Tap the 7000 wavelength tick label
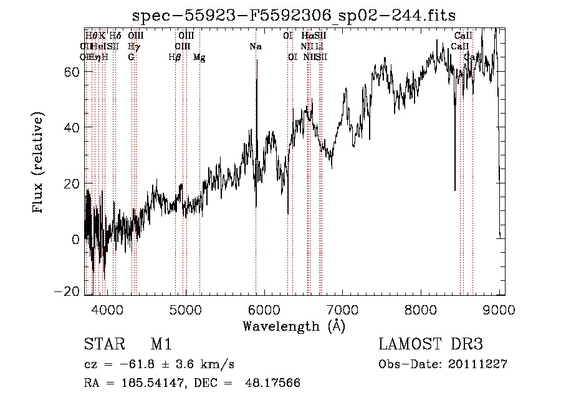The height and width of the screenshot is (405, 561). tap(342, 308)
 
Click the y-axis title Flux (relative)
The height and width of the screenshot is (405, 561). tap(39, 163)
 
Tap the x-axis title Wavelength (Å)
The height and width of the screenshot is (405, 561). tap(294, 326)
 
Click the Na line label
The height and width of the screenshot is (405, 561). tap(255, 46)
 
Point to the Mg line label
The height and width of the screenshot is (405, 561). tap(199, 57)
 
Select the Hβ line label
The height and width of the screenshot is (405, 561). tap(175, 57)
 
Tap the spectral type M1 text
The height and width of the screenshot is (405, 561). tap(161, 345)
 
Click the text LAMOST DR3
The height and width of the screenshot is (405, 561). tap(430, 345)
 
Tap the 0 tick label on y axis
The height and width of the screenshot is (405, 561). tap(75, 240)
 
